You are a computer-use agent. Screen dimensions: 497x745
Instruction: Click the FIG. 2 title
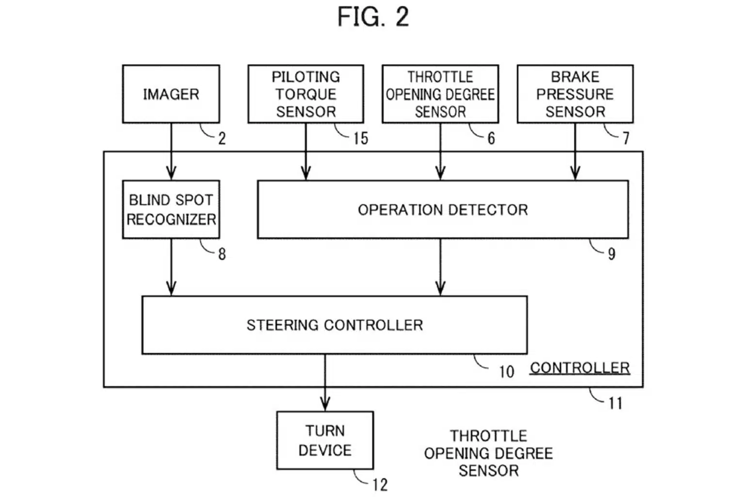click(373, 17)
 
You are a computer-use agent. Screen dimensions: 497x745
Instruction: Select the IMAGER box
click(171, 94)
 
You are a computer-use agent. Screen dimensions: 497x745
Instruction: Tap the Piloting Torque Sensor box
click(306, 94)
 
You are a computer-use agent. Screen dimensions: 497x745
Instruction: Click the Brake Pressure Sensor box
click(575, 94)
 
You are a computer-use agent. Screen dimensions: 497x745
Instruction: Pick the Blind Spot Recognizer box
click(171, 209)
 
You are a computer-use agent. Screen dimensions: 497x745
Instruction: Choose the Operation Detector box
click(442, 209)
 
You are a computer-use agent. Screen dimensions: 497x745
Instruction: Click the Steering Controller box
click(334, 325)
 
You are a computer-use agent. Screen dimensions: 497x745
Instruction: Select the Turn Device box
click(325, 440)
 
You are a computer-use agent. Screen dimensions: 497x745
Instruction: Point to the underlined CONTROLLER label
click(580, 368)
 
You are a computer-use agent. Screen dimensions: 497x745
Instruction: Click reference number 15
click(360, 138)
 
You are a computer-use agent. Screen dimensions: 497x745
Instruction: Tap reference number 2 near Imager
click(222, 139)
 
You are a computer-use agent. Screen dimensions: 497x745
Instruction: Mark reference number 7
click(626, 138)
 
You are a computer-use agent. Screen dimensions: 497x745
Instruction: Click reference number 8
click(222, 254)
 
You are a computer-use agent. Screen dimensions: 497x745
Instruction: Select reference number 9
click(612, 253)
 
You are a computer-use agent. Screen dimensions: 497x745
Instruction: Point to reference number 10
click(506, 372)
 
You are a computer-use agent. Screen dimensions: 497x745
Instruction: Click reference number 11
click(615, 403)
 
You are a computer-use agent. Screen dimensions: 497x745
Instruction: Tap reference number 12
click(380, 484)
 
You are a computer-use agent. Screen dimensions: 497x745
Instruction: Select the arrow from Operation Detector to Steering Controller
click(440, 267)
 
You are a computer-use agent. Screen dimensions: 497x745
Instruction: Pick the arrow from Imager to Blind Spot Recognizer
click(171, 151)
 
